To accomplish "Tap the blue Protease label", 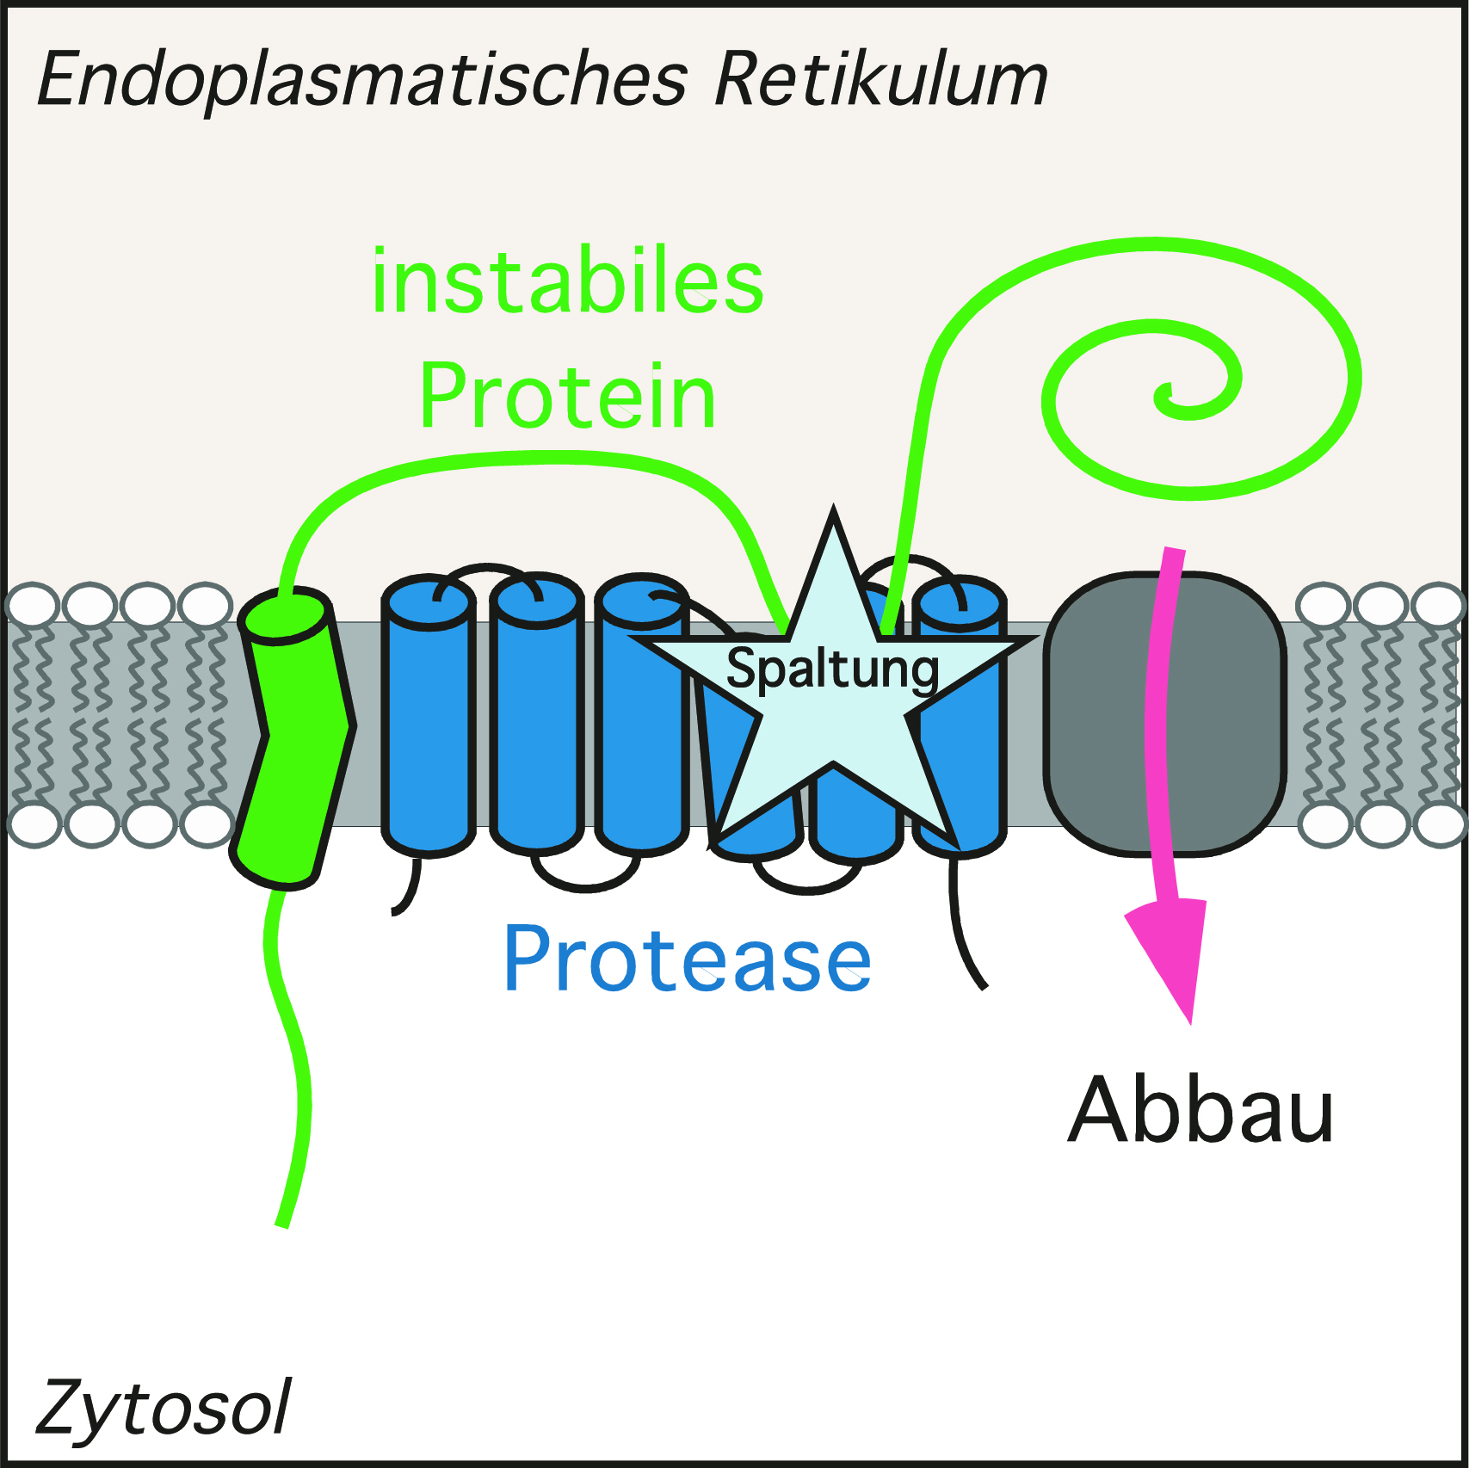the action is pos(688,959).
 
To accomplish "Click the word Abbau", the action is pos(1201,1110).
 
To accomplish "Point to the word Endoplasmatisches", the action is pos(362,80).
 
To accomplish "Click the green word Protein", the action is pos(568,397).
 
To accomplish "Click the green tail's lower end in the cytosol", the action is pos(281,1225).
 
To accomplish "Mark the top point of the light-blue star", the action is pos(833,508).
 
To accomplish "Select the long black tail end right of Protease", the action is pos(983,986).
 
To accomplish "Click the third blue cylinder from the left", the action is pos(642,714).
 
